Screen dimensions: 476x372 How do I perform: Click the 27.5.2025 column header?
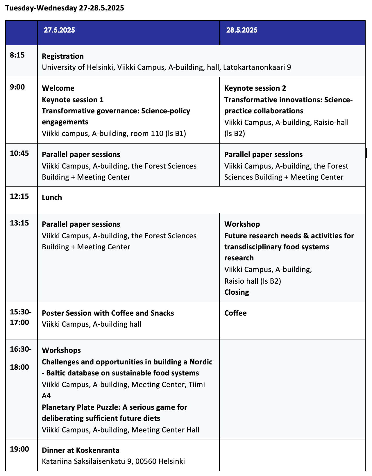point(59,30)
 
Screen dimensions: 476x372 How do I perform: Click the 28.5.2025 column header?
point(242,30)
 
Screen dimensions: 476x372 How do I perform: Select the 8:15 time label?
point(17,55)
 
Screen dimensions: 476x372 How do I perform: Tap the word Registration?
point(63,56)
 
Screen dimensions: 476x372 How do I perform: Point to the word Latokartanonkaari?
point(254,67)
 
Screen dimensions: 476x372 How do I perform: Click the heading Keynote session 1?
point(73,100)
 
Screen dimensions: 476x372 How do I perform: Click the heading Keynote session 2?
point(255,88)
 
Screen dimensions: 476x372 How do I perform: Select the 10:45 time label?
point(19,153)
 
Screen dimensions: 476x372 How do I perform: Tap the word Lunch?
point(52,198)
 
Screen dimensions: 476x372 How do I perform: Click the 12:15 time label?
point(19,196)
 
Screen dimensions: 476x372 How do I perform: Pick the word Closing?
point(237,292)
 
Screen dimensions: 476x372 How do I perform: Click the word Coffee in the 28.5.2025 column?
point(235,313)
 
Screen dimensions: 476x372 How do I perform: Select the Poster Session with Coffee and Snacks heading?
point(108,313)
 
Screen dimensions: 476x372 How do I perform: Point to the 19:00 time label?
point(19,449)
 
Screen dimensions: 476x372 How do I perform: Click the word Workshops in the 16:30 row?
point(61,350)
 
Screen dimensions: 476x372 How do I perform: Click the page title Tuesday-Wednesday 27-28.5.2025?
point(65,8)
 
